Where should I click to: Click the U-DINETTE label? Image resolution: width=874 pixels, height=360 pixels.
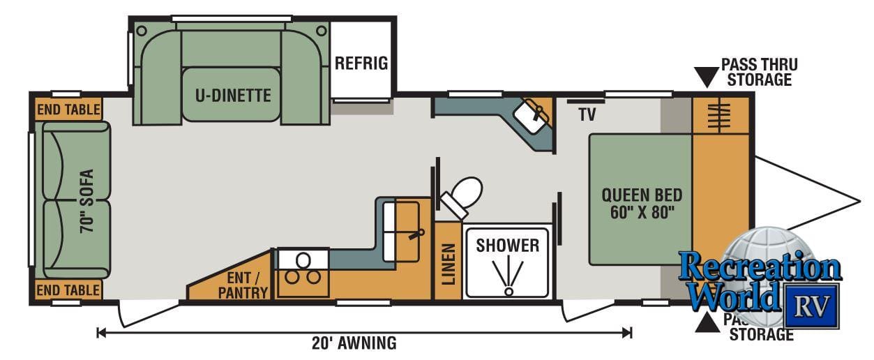pyautogui.click(x=232, y=95)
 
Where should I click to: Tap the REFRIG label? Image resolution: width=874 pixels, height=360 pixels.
pyautogui.click(x=361, y=63)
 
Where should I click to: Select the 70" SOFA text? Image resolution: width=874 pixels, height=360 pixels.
pyautogui.click(x=86, y=200)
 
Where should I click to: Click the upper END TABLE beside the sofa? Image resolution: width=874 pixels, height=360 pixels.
pyautogui.click(x=68, y=110)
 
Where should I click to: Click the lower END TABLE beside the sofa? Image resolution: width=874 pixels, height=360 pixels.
pyautogui.click(x=68, y=290)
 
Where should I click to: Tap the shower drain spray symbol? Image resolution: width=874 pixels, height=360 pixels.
pyautogui.click(x=508, y=276)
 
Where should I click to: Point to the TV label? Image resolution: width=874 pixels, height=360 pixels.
pyautogui.click(x=587, y=114)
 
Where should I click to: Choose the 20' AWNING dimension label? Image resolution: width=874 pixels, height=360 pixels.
pyautogui.click(x=354, y=343)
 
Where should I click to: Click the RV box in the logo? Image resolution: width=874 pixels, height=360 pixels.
pyautogui.click(x=811, y=305)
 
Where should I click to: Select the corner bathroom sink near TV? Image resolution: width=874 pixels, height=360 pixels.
pyautogui.click(x=533, y=113)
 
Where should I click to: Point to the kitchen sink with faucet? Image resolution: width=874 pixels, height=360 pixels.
pyautogui.click(x=407, y=221)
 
